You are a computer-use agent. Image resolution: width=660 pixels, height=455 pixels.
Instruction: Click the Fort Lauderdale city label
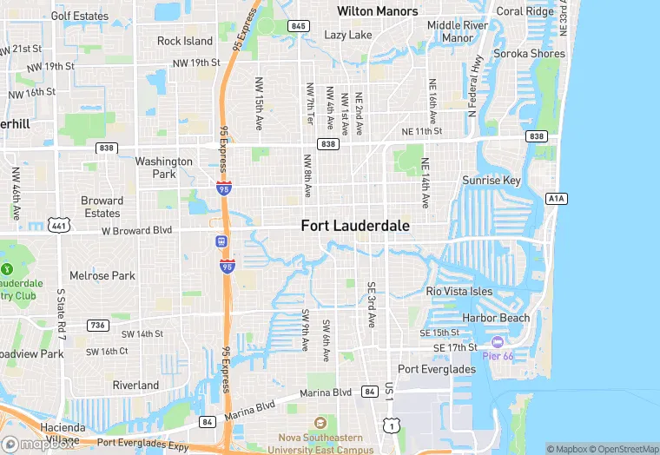point(355,225)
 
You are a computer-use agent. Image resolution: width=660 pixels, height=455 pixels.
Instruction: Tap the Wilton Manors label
point(378,11)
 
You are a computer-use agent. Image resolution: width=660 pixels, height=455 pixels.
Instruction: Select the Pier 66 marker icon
point(498,344)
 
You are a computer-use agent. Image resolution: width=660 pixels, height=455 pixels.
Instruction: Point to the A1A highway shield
point(557,199)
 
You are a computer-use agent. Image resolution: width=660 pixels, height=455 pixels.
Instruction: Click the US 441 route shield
point(59,225)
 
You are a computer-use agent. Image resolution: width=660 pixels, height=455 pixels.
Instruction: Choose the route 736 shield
point(97,325)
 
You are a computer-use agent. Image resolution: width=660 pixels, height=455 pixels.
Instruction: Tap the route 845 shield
point(300,26)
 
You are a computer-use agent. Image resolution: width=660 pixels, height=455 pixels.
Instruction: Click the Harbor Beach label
point(495,318)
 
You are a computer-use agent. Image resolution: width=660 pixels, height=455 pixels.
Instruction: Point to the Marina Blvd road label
point(327,392)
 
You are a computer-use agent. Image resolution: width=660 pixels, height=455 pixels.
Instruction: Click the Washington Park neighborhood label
point(163,168)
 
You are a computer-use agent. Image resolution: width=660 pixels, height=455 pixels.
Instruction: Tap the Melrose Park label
point(102,276)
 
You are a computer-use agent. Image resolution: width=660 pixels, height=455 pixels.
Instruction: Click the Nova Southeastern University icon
point(320,421)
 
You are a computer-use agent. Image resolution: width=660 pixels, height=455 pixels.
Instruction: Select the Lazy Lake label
point(347,35)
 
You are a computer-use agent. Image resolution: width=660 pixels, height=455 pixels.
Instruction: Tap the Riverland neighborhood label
point(135,385)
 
